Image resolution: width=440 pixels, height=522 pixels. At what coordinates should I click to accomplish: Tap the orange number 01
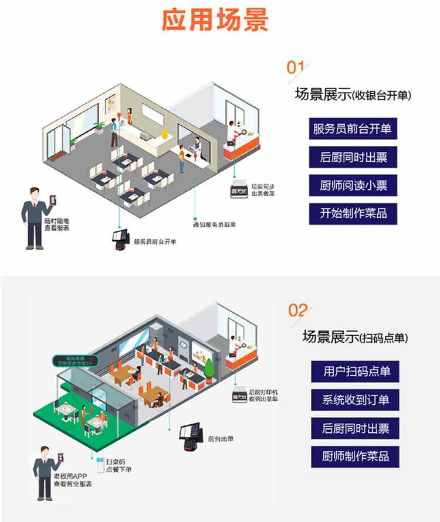(296, 67)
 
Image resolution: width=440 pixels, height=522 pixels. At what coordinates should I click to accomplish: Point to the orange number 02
(299, 309)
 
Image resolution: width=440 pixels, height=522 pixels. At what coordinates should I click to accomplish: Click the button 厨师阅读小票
(353, 186)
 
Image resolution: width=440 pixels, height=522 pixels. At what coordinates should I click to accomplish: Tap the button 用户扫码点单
(356, 371)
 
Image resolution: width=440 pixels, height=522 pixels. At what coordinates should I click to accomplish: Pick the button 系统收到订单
(356, 400)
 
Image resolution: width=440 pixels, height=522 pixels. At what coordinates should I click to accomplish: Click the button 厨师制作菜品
(356, 456)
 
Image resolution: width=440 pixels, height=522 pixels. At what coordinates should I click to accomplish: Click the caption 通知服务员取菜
(215, 225)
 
